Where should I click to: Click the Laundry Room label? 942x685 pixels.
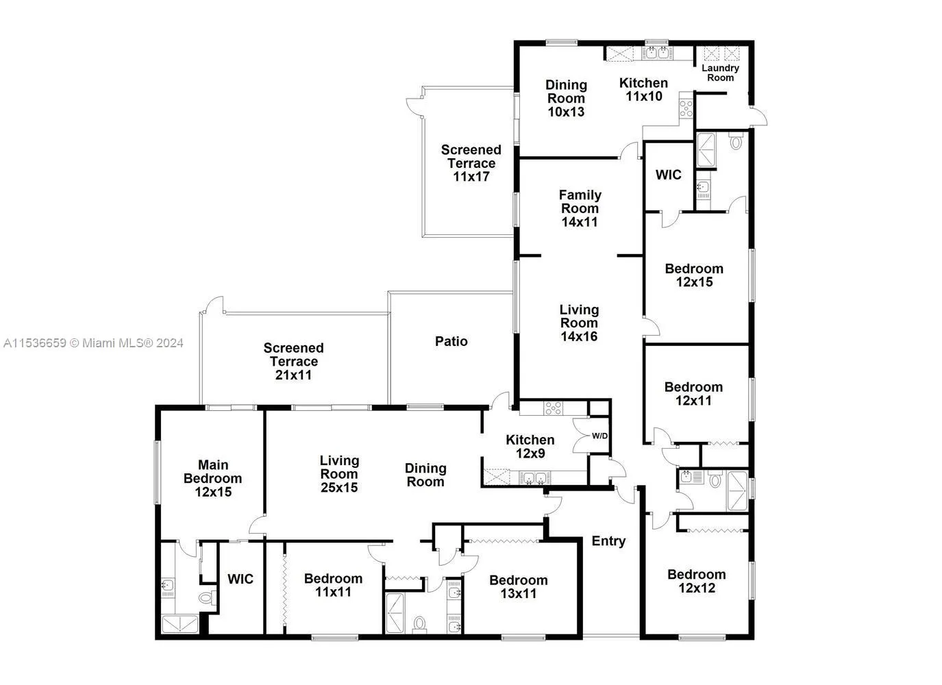point(720,73)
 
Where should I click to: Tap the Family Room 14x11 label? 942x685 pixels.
point(580,208)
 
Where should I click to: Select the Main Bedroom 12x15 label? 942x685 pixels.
point(213,478)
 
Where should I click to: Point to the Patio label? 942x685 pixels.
point(451,341)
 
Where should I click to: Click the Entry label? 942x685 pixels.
point(608,541)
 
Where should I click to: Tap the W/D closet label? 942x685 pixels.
point(599,436)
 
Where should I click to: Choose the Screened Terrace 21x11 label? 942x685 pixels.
point(293,361)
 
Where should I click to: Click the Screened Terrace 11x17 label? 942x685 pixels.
point(471,163)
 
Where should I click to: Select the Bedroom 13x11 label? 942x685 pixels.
point(519,586)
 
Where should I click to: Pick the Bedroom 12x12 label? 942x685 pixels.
point(697,581)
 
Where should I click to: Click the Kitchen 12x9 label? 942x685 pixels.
point(530,446)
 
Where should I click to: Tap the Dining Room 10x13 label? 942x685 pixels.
point(566,98)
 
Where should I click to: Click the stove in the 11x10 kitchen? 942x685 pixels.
point(686,108)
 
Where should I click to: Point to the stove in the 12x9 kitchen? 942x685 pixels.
point(553,408)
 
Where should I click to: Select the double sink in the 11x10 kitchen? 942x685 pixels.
point(656,53)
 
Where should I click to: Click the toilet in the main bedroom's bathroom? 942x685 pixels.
point(206,597)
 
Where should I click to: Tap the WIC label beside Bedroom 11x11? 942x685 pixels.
point(240,579)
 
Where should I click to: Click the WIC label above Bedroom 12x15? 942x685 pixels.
point(668,175)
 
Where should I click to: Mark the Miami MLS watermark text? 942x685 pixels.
point(93,343)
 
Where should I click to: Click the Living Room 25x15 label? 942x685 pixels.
point(339,474)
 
